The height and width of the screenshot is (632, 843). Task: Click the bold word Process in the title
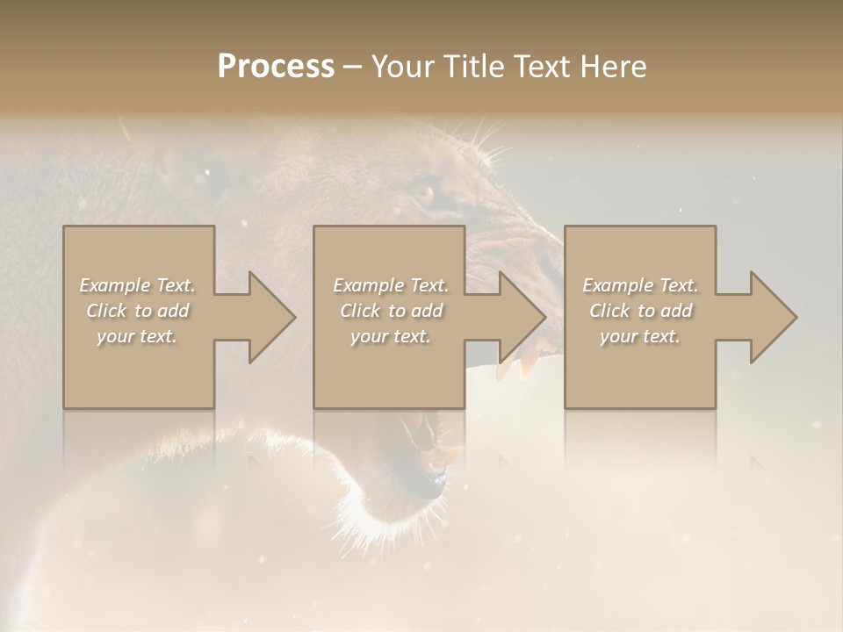coord(276,67)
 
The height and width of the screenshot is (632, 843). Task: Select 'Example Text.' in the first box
coord(138,285)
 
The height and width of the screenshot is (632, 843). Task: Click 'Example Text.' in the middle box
coord(391,285)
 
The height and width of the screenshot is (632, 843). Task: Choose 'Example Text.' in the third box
coord(640,285)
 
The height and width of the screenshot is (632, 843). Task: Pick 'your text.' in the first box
coord(138,336)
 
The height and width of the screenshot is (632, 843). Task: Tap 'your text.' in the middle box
coord(391,336)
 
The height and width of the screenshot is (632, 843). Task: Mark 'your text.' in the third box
coord(640,336)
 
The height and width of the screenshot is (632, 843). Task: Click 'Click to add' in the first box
coord(138,311)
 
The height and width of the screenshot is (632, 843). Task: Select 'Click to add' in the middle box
coord(391,311)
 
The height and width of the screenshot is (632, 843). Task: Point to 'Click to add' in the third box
coord(640,311)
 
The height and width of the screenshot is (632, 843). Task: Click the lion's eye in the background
coord(424,191)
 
